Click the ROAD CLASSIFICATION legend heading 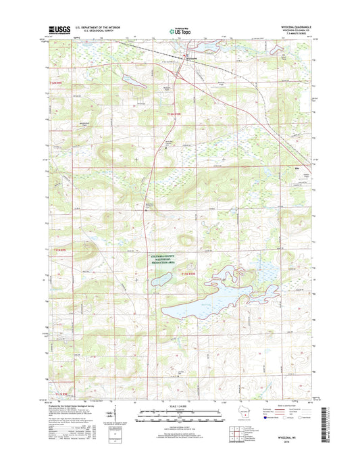pyautogui.click(x=284, y=406)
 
